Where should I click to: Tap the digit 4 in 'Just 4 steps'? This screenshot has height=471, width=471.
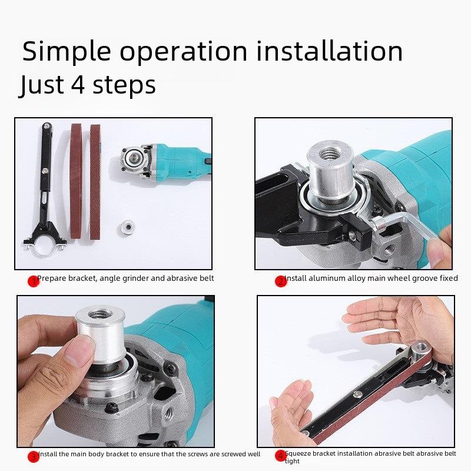click(79, 84)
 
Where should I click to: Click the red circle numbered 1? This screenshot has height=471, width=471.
click(34, 281)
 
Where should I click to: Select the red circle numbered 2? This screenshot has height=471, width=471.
click(281, 281)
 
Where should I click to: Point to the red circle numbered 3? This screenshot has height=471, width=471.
click(34, 457)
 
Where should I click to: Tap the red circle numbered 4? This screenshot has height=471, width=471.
click(281, 456)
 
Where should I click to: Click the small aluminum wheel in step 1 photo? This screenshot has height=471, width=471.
click(126, 227)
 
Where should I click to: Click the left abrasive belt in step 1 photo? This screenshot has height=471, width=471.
click(76, 181)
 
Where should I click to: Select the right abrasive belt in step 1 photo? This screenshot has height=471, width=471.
click(95, 182)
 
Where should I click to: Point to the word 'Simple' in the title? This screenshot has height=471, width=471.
click(67, 52)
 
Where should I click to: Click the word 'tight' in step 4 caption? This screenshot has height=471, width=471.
click(292, 462)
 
